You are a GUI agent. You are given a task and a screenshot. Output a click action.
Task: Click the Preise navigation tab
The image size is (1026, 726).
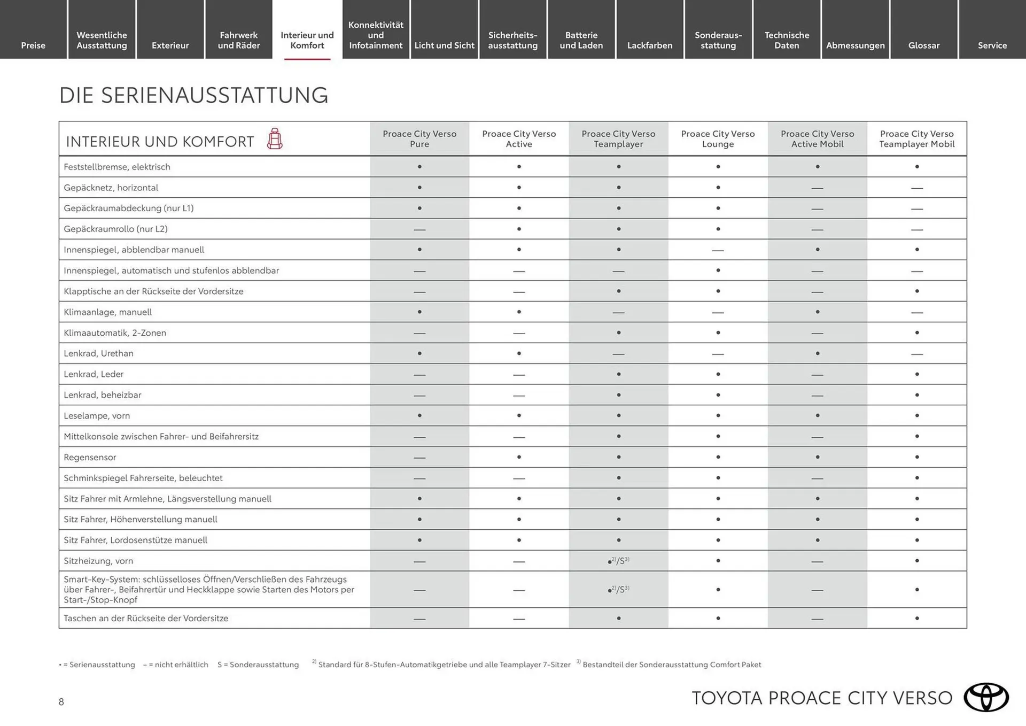point(33,45)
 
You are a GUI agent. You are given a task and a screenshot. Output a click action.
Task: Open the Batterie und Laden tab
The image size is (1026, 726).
point(581,40)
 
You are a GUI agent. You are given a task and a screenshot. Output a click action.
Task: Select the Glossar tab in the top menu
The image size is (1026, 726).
point(923,45)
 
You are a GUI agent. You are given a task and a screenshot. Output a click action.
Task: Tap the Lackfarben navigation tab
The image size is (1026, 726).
point(649,45)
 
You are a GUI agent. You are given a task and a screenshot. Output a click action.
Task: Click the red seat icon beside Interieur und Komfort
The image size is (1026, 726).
point(275,139)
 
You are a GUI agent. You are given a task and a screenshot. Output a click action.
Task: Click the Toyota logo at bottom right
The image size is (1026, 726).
point(986,697)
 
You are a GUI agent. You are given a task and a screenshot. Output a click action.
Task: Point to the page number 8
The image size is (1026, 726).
point(61,702)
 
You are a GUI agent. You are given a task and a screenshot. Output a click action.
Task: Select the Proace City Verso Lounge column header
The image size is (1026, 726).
point(718,139)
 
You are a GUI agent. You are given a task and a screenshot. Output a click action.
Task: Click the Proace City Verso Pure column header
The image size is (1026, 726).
point(419,139)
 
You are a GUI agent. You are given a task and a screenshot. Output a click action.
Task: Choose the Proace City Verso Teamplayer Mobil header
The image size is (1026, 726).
point(916,139)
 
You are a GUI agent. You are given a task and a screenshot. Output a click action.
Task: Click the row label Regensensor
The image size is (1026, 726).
point(90,457)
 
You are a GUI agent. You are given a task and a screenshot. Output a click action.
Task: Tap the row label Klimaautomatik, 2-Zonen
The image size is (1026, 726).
point(115,333)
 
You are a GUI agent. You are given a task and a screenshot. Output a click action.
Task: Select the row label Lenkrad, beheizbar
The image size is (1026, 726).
point(103,395)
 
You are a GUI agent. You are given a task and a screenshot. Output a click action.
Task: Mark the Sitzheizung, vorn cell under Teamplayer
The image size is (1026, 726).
point(618,561)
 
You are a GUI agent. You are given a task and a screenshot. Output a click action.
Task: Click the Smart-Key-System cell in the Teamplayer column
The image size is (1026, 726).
point(618,590)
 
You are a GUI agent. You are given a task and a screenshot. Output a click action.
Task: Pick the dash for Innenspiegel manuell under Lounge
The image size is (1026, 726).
point(718,250)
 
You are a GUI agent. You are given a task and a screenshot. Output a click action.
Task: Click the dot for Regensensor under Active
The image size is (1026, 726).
point(519,457)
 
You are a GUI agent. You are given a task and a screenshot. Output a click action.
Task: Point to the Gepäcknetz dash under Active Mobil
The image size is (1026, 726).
point(817,188)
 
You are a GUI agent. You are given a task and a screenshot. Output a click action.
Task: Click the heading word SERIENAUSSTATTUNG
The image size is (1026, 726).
point(215,96)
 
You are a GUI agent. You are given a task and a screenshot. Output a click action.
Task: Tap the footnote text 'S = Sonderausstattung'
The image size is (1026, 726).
point(258,665)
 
